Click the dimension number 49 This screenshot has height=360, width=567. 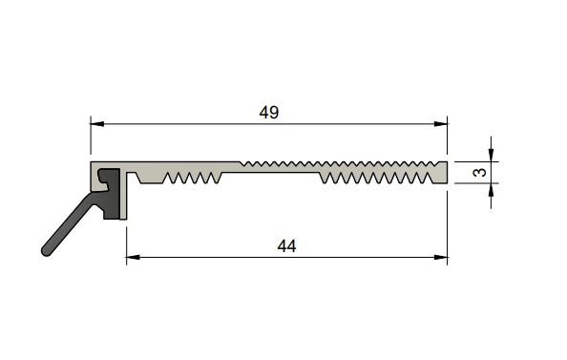pyautogui.click(x=269, y=113)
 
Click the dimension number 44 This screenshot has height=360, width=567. pyautogui.click(x=286, y=246)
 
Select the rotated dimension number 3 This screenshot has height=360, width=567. pyautogui.click(x=479, y=172)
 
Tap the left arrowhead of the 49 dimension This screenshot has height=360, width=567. pyautogui.click(x=97, y=124)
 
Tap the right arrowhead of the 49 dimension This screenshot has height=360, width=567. pyautogui.click(x=440, y=124)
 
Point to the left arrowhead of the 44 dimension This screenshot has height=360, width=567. pyautogui.click(x=133, y=258)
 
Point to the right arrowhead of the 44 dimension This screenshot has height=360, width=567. pyautogui.click(x=440, y=258)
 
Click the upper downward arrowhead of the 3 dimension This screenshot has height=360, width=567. pyautogui.click(x=491, y=155)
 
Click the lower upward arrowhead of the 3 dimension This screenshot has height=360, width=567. pyautogui.click(x=491, y=190)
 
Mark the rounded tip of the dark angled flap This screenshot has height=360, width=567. pyautogui.click(x=46, y=251)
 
